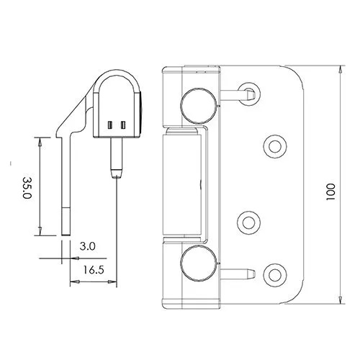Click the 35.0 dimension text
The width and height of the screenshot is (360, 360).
[28, 186]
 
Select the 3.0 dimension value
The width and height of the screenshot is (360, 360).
[88, 246]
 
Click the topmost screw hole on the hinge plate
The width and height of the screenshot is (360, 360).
[249, 91]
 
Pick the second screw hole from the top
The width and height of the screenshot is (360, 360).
[274, 146]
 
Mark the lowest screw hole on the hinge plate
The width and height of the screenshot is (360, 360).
[274, 273]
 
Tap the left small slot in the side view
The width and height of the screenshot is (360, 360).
[110, 126]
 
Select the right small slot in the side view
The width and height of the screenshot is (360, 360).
[124, 126]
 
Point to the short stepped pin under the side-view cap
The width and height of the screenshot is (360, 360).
[116, 157]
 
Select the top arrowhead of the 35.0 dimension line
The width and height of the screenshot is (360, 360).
[40, 142]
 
